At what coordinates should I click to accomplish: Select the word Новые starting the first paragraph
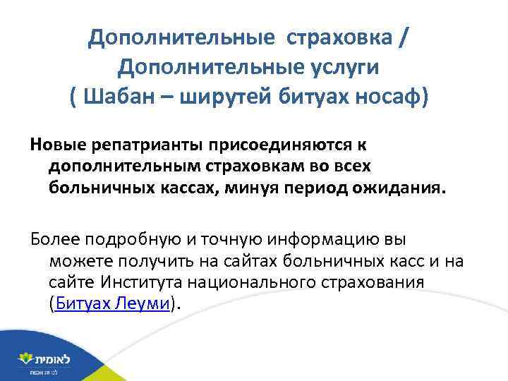click(x=59, y=145)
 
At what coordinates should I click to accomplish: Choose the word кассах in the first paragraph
click(x=200, y=187)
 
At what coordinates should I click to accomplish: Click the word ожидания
click(x=401, y=187)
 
